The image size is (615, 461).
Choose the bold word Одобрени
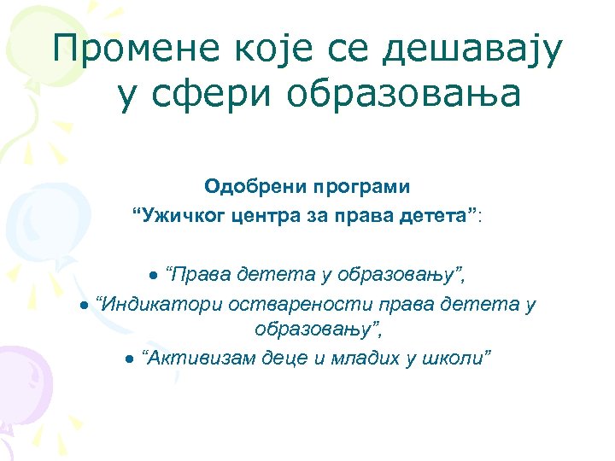[245, 185]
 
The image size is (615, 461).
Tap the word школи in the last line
[461, 355]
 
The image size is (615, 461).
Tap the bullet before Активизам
[127, 357]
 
